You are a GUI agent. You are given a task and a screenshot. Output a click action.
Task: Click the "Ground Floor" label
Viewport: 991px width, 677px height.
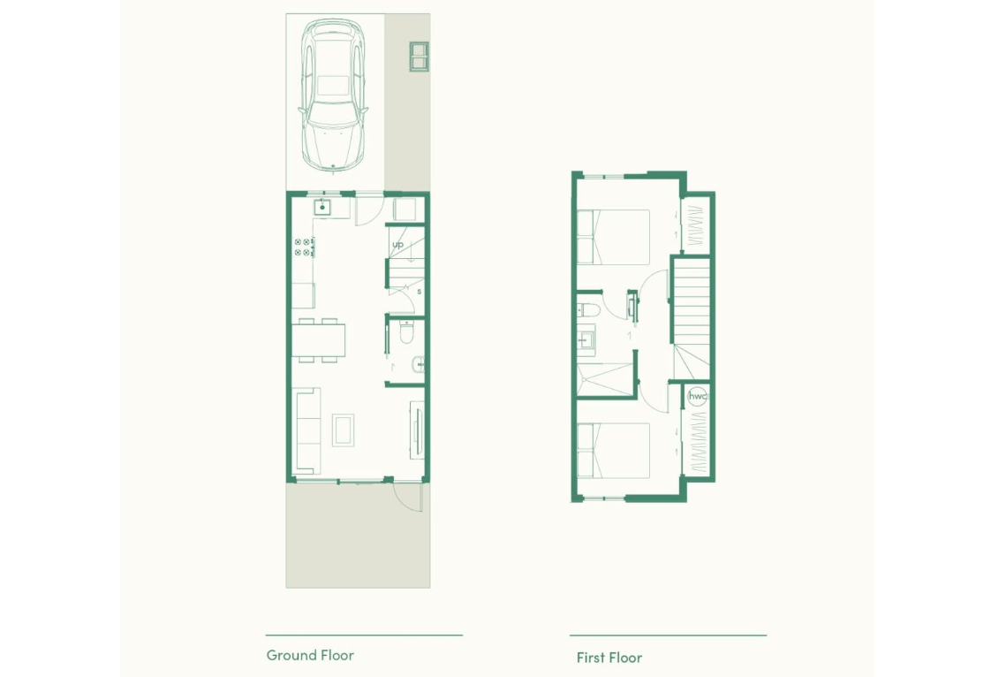coord(310,656)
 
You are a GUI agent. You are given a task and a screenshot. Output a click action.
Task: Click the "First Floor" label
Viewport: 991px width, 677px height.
coord(609,658)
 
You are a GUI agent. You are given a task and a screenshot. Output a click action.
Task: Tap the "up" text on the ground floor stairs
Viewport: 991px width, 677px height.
coord(397,244)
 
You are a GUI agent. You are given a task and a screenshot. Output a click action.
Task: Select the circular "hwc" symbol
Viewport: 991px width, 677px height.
coord(697,397)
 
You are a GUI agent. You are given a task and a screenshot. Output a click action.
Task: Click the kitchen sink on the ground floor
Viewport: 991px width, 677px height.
coord(322,207)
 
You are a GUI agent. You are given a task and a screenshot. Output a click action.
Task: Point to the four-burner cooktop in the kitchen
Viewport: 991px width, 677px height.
coord(303,247)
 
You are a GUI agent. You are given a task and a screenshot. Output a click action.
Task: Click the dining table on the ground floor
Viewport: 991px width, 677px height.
coord(319,340)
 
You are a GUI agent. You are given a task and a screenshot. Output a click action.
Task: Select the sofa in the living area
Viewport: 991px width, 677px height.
coord(306,430)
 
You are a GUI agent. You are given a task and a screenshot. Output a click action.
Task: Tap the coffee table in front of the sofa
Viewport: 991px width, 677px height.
coord(344,430)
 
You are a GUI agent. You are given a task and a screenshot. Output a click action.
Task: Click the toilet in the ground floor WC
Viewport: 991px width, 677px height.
coord(406,332)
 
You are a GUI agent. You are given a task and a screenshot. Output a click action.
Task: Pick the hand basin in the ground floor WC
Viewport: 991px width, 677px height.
coord(418,364)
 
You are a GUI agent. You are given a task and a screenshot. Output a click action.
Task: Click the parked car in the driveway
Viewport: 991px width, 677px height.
coord(333,95)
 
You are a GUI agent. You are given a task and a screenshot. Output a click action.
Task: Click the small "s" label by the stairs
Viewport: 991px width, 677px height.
coord(419,292)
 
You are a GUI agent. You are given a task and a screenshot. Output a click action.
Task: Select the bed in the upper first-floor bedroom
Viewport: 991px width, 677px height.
coord(614,237)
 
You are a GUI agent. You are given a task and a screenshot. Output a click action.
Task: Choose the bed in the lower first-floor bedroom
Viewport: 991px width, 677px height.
coord(614,451)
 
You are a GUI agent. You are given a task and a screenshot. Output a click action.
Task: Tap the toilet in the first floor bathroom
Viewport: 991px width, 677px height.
coord(589,311)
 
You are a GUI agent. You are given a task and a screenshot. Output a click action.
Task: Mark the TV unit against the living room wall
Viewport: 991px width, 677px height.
coord(417,430)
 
